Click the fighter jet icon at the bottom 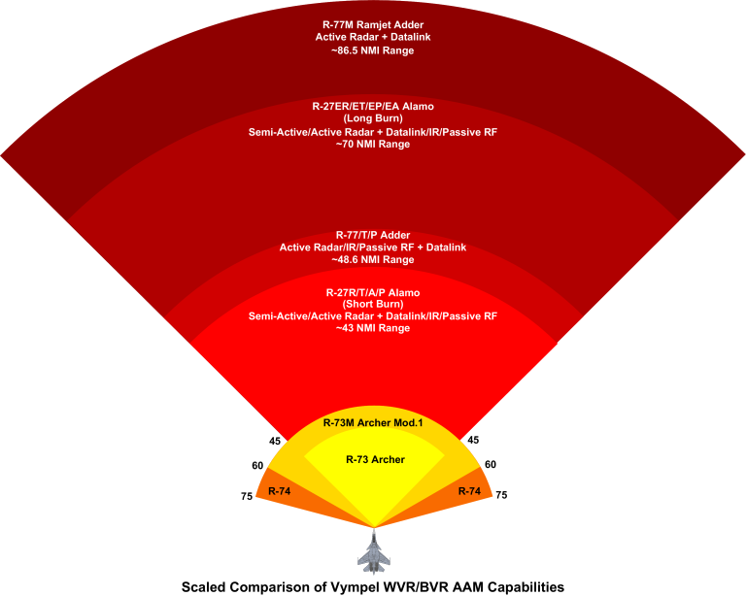[373, 553]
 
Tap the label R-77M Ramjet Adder [373, 24]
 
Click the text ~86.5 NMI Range [373, 50]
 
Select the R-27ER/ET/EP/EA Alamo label [373, 106]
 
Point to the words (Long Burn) [373, 118]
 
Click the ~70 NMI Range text [373, 144]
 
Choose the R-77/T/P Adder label [373, 235]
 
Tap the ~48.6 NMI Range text [373, 260]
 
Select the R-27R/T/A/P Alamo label [373, 291]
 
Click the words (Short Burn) [373, 304]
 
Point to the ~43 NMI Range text [373, 329]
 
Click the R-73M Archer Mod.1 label [373, 423]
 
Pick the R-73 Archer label [375, 459]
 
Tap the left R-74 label [280, 491]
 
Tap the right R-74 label [470, 491]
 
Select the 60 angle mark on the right [491, 465]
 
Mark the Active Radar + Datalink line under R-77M [373, 37]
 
